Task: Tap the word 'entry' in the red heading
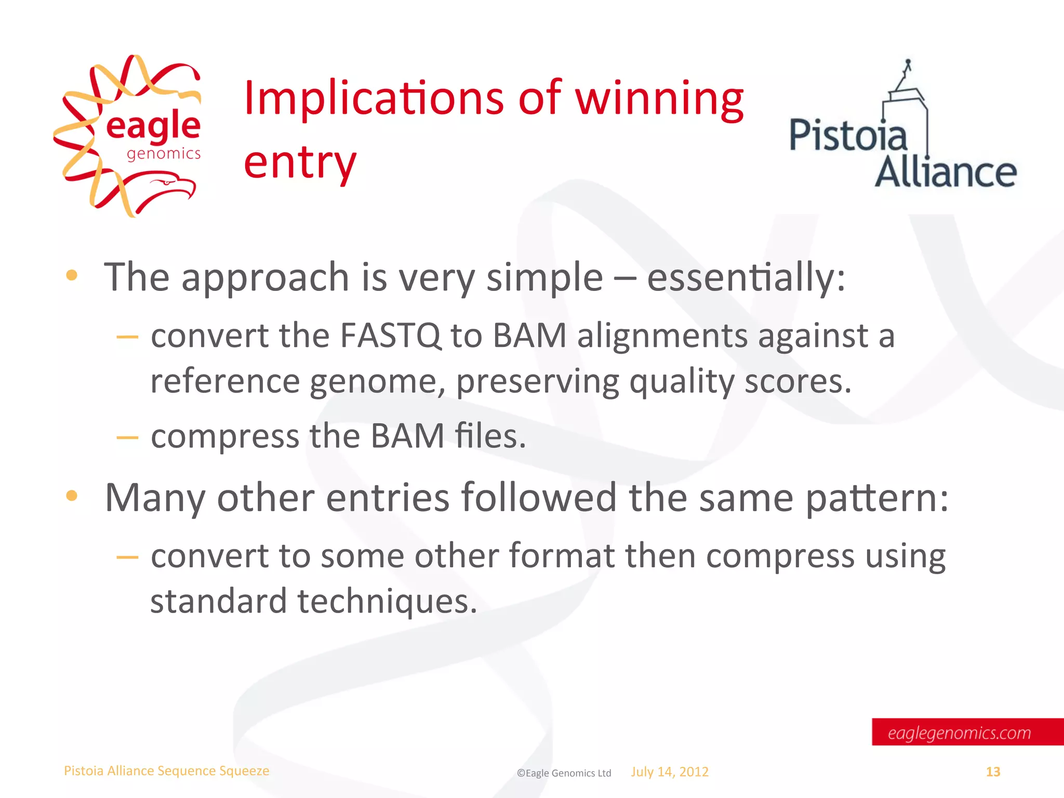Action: [300, 162]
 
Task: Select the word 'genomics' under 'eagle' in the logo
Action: [164, 154]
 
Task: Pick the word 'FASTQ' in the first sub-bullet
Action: [390, 336]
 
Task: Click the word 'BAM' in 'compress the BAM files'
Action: [407, 436]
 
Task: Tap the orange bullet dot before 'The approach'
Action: [72, 275]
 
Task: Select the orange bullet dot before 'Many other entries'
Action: [72, 496]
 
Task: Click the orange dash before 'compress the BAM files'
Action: [127, 437]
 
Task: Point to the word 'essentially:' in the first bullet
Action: [746, 277]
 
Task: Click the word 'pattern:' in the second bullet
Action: [877, 498]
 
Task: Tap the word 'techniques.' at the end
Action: [387, 601]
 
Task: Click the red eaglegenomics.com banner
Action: [966, 732]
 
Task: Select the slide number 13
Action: [993, 772]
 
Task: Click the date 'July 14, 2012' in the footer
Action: [670, 772]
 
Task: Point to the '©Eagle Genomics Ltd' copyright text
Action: [564, 773]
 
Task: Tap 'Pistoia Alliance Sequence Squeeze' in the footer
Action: [166, 771]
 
